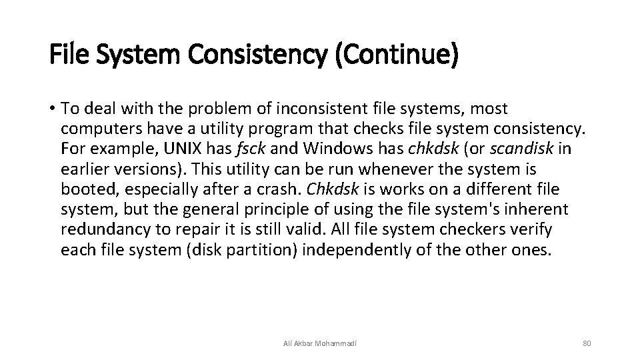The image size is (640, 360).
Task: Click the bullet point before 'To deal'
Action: click(x=52, y=109)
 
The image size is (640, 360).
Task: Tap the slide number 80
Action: click(x=587, y=343)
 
